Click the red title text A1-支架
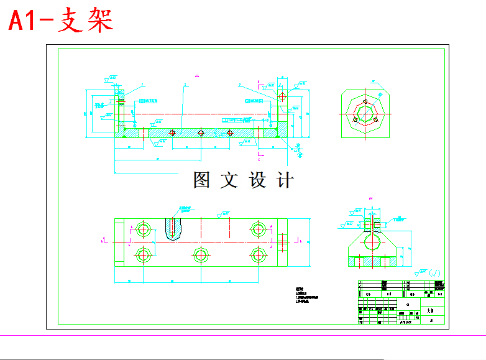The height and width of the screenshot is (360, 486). [x=61, y=21]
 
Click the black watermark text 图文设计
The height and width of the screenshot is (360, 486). [x=242, y=180]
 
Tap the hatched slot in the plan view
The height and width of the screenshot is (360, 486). [x=175, y=228]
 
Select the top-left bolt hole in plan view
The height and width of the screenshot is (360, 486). [x=144, y=228]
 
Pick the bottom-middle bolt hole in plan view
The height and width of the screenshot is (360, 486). [x=200, y=255]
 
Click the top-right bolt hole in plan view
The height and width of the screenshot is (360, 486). [x=257, y=228]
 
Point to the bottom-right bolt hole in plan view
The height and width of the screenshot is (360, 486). [x=257, y=255]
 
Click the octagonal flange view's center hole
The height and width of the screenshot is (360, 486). [x=365, y=113]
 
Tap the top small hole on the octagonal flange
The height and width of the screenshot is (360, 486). [x=365, y=101]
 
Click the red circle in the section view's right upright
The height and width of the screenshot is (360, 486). [x=283, y=97]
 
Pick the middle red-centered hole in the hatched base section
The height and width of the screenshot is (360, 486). [x=201, y=132]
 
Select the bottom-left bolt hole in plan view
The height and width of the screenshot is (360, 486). [x=144, y=255]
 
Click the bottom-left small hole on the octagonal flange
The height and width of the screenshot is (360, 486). [x=355, y=119]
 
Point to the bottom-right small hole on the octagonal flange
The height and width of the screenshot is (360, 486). [x=375, y=119]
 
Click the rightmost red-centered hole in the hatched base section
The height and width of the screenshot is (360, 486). [x=230, y=132]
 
